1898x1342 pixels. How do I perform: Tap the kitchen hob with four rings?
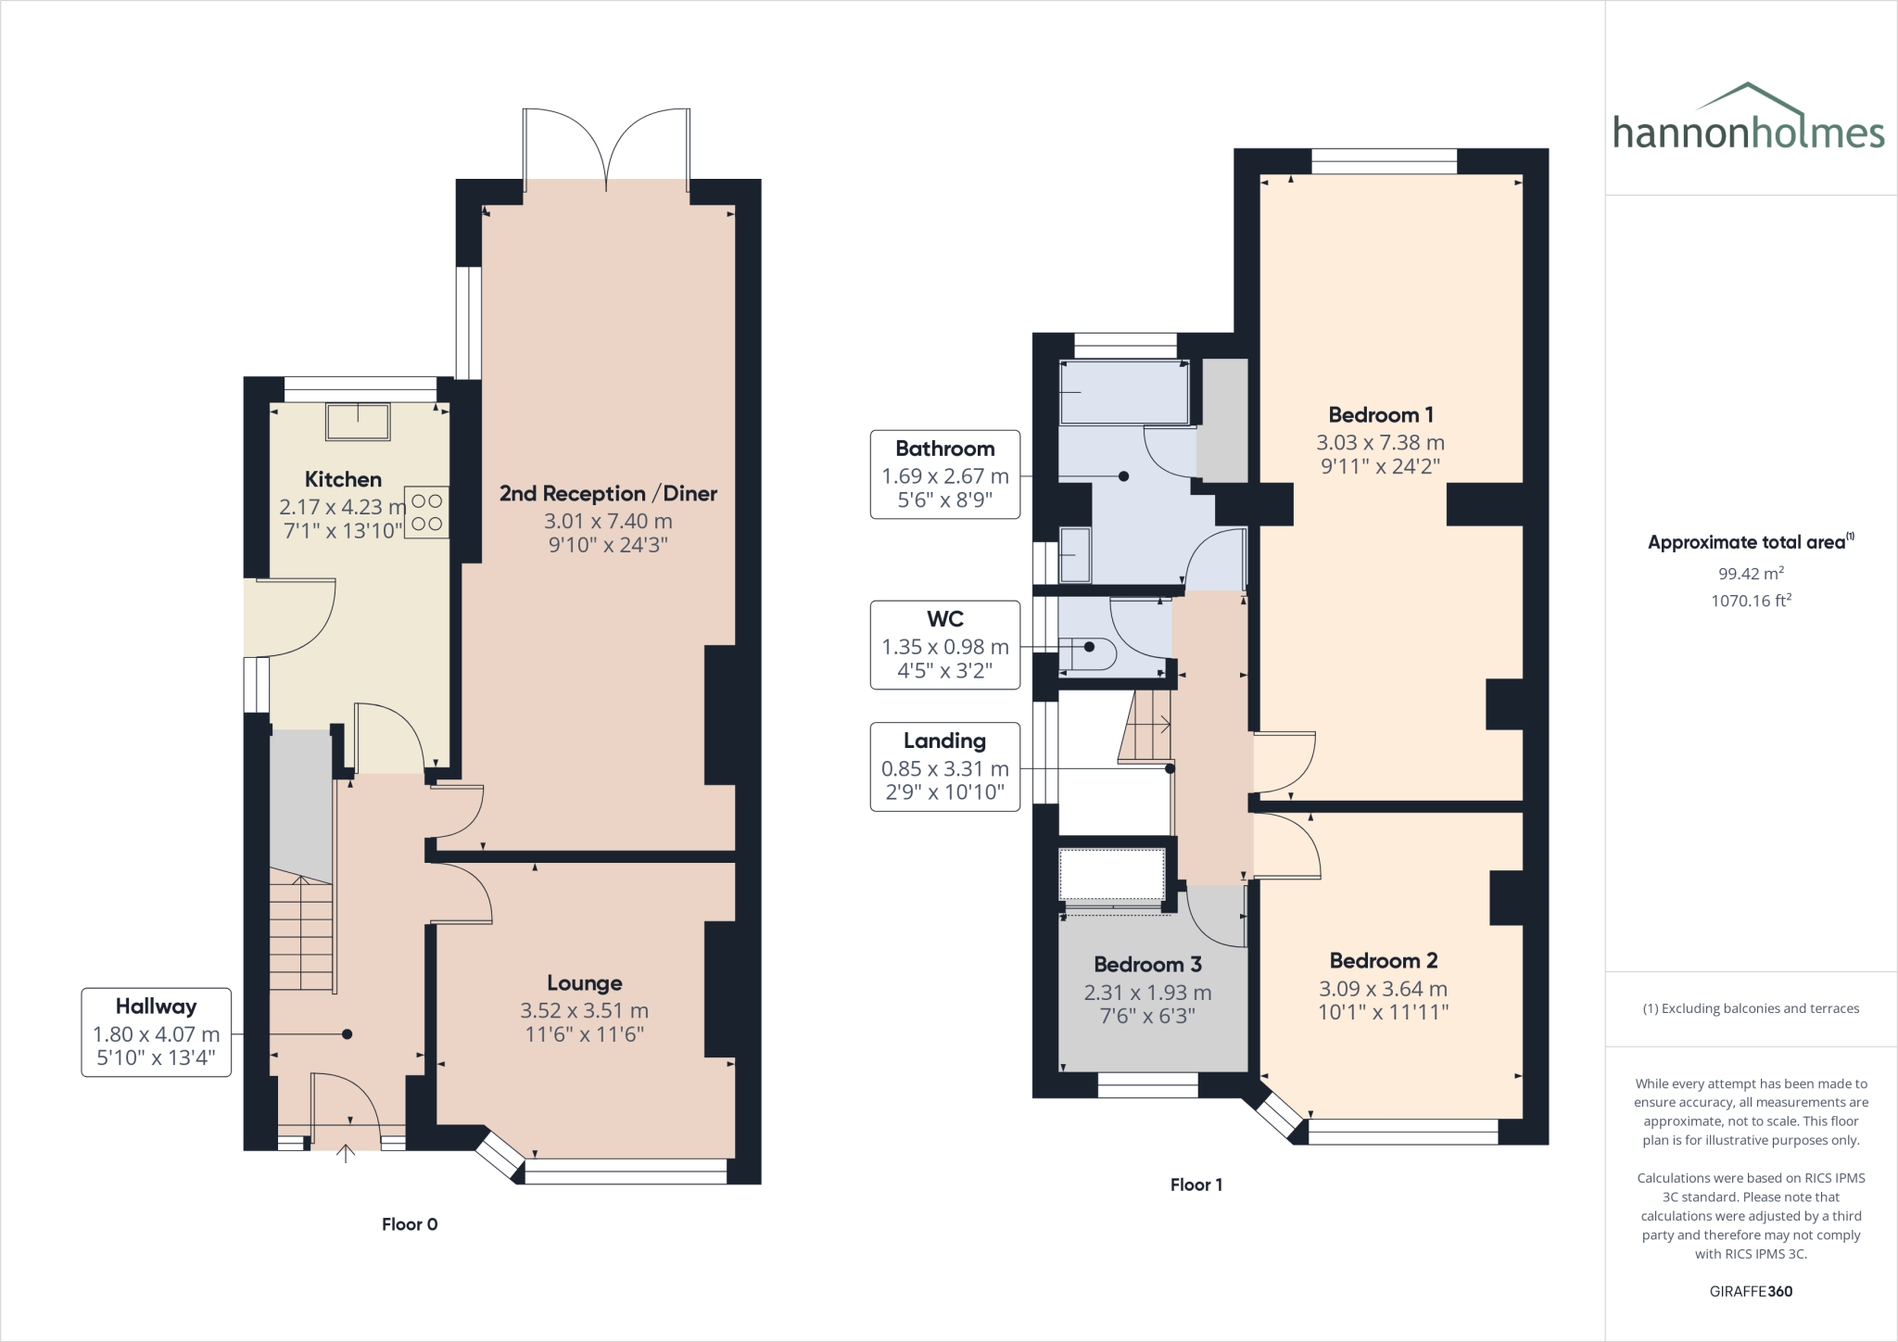[x=426, y=513]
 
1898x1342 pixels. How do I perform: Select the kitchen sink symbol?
[x=358, y=422]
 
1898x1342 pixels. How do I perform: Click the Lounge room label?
[x=584, y=983]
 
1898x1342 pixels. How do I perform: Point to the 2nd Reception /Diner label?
[x=608, y=494]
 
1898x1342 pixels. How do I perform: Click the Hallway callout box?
[x=156, y=1032]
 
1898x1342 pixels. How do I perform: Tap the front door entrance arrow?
[x=346, y=1153]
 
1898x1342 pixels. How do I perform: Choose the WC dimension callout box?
[x=944, y=645]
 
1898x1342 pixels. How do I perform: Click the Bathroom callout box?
[x=944, y=475]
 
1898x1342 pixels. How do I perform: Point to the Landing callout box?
[x=944, y=766]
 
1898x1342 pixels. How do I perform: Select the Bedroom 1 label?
[x=1380, y=415]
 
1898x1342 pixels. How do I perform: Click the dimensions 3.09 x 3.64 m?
[x=1383, y=989]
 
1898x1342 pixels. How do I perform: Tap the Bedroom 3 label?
[x=1147, y=965]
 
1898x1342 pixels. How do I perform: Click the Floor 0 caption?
[x=410, y=1224]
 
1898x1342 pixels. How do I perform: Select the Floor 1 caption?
[x=1196, y=1184]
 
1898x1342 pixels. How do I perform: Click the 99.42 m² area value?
[x=1751, y=574]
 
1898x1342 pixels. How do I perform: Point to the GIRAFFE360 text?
[x=1751, y=1291]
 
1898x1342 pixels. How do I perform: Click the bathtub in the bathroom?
[x=1124, y=393]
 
